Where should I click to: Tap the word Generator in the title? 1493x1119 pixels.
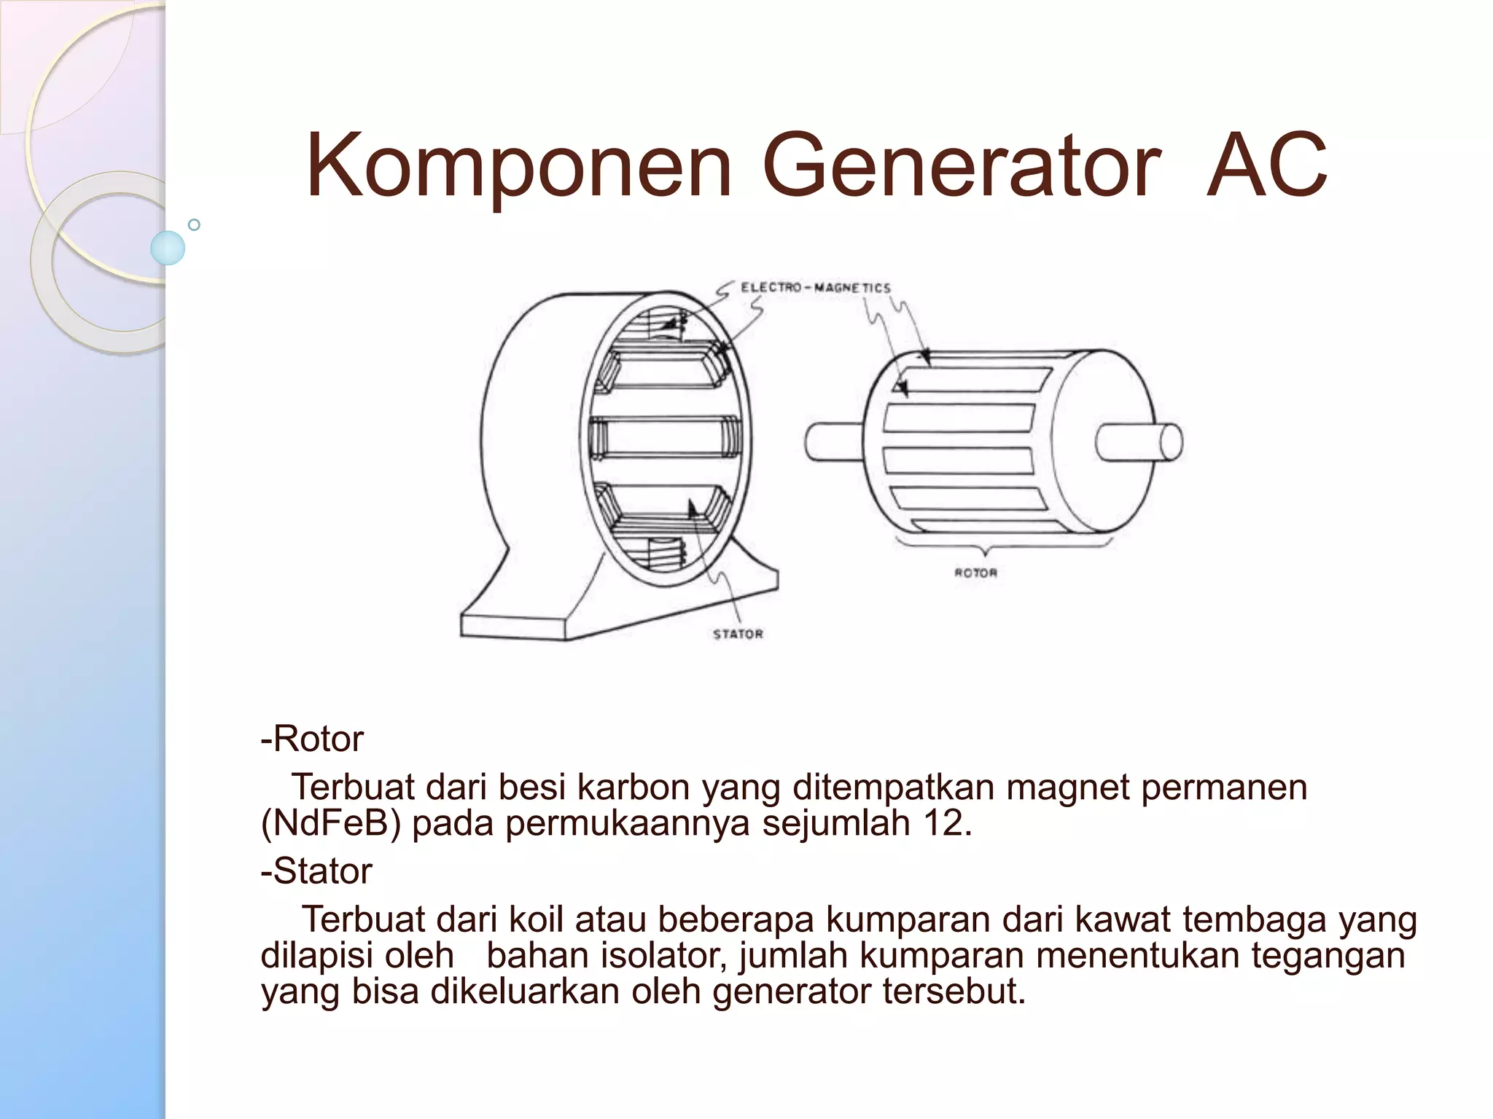(x=961, y=166)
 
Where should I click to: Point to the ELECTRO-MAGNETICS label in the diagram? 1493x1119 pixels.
(x=816, y=288)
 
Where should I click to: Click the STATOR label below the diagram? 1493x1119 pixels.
(x=738, y=635)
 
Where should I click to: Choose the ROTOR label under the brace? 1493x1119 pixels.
(x=975, y=573)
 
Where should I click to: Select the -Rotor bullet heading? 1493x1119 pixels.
(x=312, y=739)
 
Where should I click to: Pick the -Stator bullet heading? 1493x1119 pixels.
(x=316, y=871)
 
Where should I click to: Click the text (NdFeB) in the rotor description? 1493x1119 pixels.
(x=331, y=824)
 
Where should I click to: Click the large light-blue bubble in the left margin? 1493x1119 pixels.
(x=168, y=248)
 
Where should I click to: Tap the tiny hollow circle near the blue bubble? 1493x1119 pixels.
(x=194, y=224)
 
